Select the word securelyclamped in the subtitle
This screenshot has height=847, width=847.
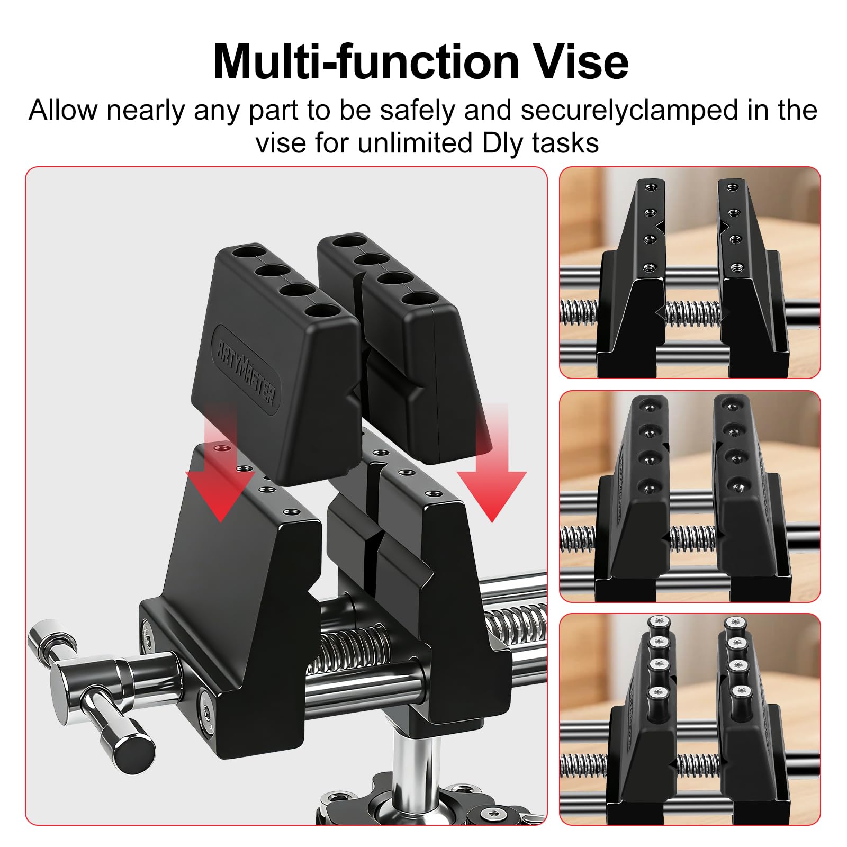click(x=629, y=111)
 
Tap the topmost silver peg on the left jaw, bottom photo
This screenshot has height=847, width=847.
click(x=658, y=623)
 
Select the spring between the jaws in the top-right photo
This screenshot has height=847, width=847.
click(x=692, y=313)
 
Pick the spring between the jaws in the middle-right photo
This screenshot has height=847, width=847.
click(x=692, y=539)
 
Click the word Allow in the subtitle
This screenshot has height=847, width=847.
click(x=62, y=110)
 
